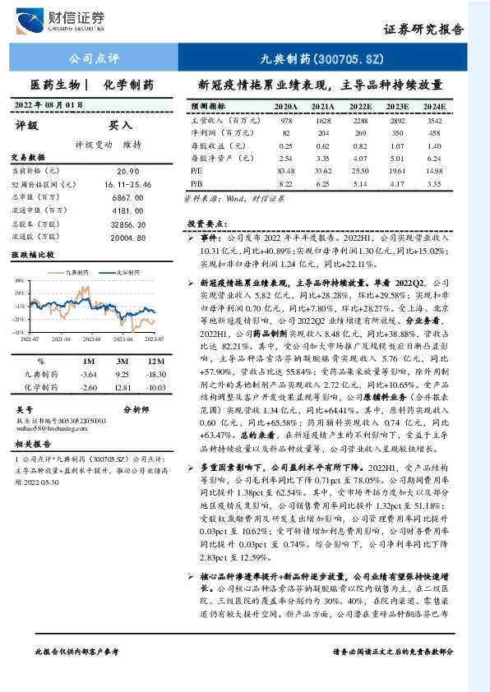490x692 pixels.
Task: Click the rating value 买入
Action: click(x=121, y=126)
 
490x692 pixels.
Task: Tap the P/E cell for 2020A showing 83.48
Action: click(x=286, y=169)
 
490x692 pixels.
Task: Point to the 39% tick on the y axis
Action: click(x=19, y=281)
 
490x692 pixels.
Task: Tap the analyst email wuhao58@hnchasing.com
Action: click(x=46, y=427)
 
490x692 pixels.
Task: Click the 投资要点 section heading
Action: click(x=206, y=224)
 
